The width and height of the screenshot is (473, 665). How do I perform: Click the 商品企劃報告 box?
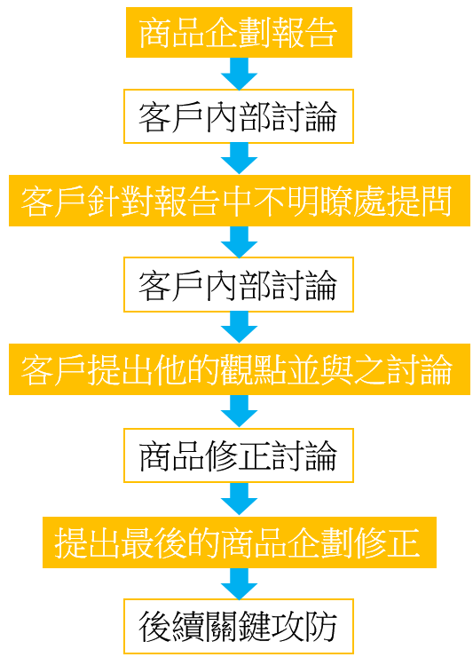pyautogui.click(x=239, y=32)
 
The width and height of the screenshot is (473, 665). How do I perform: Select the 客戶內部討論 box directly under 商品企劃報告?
pyautogui.click(x=239, y=116)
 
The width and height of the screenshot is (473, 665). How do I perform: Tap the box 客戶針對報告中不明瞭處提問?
pyautogui.click(x=240, y=201)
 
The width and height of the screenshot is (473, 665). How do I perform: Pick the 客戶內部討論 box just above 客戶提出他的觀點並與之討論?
pyautogui.click(x=239, y=285)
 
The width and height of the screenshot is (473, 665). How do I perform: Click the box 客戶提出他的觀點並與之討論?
pyautogui.click(x=240, y=369)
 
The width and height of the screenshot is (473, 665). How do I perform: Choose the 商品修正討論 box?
pyautogui.click(x=239, y=455)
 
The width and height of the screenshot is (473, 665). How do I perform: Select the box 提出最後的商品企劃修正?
pyautogui.click(x=240, y=542)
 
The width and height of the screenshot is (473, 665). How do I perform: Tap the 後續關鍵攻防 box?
pyautogui.click(x=239, y=627)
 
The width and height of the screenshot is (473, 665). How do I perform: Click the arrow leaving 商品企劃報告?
pyautogui.click(x=239, y=74)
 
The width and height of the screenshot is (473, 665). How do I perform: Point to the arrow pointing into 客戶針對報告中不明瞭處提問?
pyautogui.click(x=239, y=159)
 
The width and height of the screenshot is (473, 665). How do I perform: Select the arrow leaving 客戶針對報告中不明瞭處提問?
pyautogui.click(x=239, y=241)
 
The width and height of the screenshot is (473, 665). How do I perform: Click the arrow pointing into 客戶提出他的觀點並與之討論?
pyautogui.click(x=239, y=327)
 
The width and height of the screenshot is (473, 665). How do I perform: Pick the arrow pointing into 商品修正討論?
pyautogui.click(x=239, y=411)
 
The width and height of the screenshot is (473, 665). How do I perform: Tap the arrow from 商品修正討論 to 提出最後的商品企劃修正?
pyautogui.click(x=239, y=499)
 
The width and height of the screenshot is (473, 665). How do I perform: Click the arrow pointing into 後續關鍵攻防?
pyautogui.click(x=239, y=583)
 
